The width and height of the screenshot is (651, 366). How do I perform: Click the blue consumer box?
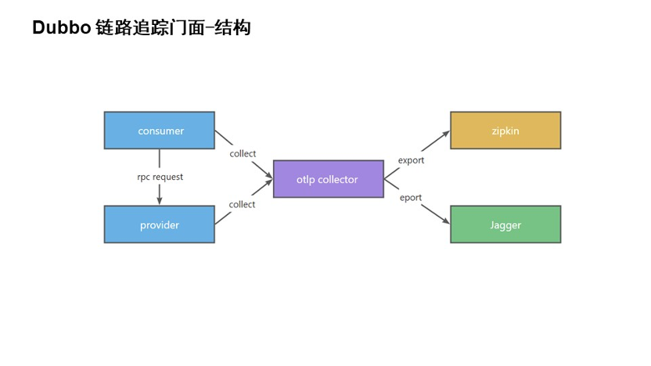coord(160,131)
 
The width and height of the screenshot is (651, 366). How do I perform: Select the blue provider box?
coord(160,224)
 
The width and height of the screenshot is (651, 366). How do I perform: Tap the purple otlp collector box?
coord(329,179)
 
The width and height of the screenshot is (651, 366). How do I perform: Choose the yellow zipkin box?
coord(505,131)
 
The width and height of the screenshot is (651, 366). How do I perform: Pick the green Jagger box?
coord(505,224)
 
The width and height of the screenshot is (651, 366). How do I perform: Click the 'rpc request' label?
coord(160,178)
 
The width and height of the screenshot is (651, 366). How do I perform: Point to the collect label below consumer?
coord(243,153)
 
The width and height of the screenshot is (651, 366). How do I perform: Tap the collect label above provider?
coord(242,204)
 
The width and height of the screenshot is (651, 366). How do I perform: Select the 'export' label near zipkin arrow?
coord(411,160)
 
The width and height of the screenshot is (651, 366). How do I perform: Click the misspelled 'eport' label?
coord(411,198)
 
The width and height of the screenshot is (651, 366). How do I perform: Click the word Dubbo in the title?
coord(62,28)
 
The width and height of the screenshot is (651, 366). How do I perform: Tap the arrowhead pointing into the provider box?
coord(160,201)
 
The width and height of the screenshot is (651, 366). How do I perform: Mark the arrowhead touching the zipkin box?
coord(445,134)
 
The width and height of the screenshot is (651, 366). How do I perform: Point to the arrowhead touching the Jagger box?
coord(445,221)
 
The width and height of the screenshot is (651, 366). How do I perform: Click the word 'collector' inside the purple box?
coord(338,179)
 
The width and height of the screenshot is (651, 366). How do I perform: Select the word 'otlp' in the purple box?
coord(306,180)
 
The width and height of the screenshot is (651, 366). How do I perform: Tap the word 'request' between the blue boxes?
coord(168,178)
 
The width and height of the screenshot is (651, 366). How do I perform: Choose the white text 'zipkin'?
coord(505,131)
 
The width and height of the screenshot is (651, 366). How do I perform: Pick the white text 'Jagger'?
coord(505,225)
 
